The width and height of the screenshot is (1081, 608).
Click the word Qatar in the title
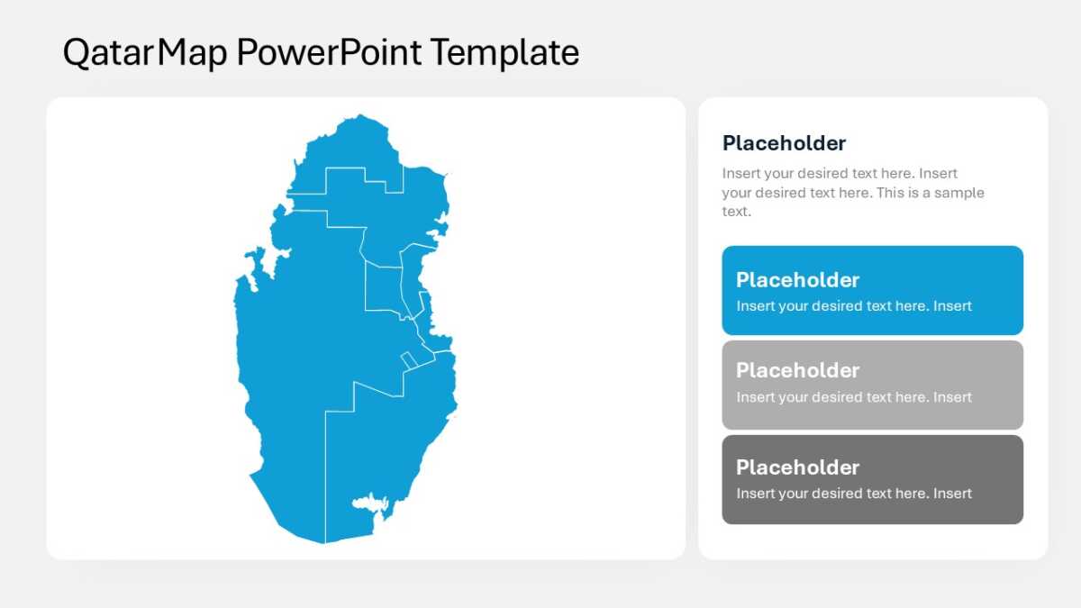(x=108, y=52)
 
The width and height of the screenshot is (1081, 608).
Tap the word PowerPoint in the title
(x=329, y=52)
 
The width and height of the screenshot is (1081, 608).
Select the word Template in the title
(x=504, y=52)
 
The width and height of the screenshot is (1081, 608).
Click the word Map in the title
(x=192, y=52)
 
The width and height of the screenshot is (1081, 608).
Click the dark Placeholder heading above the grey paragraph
(x=785, y=143)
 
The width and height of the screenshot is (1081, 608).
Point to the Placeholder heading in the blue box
(x=798, y=280)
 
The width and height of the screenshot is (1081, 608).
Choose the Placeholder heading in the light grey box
(x=798, y=370)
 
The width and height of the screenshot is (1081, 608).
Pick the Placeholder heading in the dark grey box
(x=798, y=467)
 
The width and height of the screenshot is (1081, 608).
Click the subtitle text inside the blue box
(x=854, y=306)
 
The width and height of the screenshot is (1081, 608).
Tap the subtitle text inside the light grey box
(x=854, y=397)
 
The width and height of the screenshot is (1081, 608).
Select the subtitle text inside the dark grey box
(x=854, y=494)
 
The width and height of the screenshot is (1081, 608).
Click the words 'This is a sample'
(x=931, y=193)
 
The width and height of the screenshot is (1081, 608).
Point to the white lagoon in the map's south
(x=370, y=503)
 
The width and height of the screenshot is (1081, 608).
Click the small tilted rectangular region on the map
(x=409, y=361)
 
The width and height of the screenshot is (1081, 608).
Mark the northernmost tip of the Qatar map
(x=359, y=114)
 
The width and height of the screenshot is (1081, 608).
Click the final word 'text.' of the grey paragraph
(x=737, y=212)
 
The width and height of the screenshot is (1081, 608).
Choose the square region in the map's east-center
(x=383, y=288)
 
